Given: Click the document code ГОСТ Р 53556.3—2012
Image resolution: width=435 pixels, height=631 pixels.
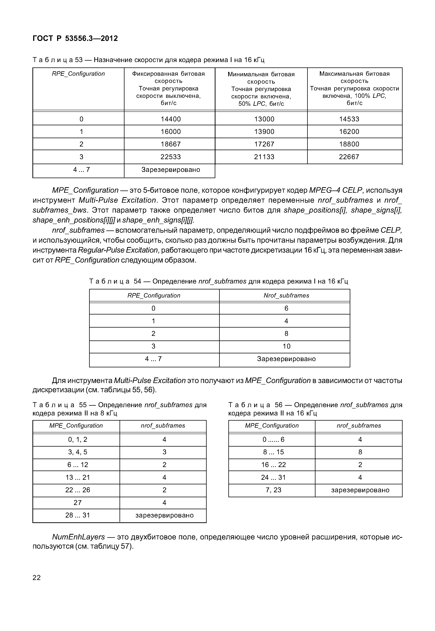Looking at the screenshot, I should pyautogui.click(x=75, y=39).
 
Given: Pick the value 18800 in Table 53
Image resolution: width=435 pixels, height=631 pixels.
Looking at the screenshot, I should pyautogui.click(x=349, y=144).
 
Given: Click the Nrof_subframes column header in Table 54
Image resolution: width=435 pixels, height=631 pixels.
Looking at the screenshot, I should pyautogui.click(x=286, y=296).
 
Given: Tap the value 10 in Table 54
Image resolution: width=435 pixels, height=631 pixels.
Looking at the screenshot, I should pyautogui.click(x=286, y=346).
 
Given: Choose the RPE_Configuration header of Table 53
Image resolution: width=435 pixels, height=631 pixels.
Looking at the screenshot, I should pyautogui.click(x=78, y=74).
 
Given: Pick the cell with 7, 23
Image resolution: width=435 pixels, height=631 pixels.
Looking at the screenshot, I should pyautogui.click(x=273, y=490).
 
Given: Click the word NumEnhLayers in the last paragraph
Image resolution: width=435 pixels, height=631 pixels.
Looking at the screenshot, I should pyautogui.click(x=78, y=537).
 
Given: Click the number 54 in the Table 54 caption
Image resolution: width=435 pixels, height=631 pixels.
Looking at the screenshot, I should pyautogui.click(x=137, y=281).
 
